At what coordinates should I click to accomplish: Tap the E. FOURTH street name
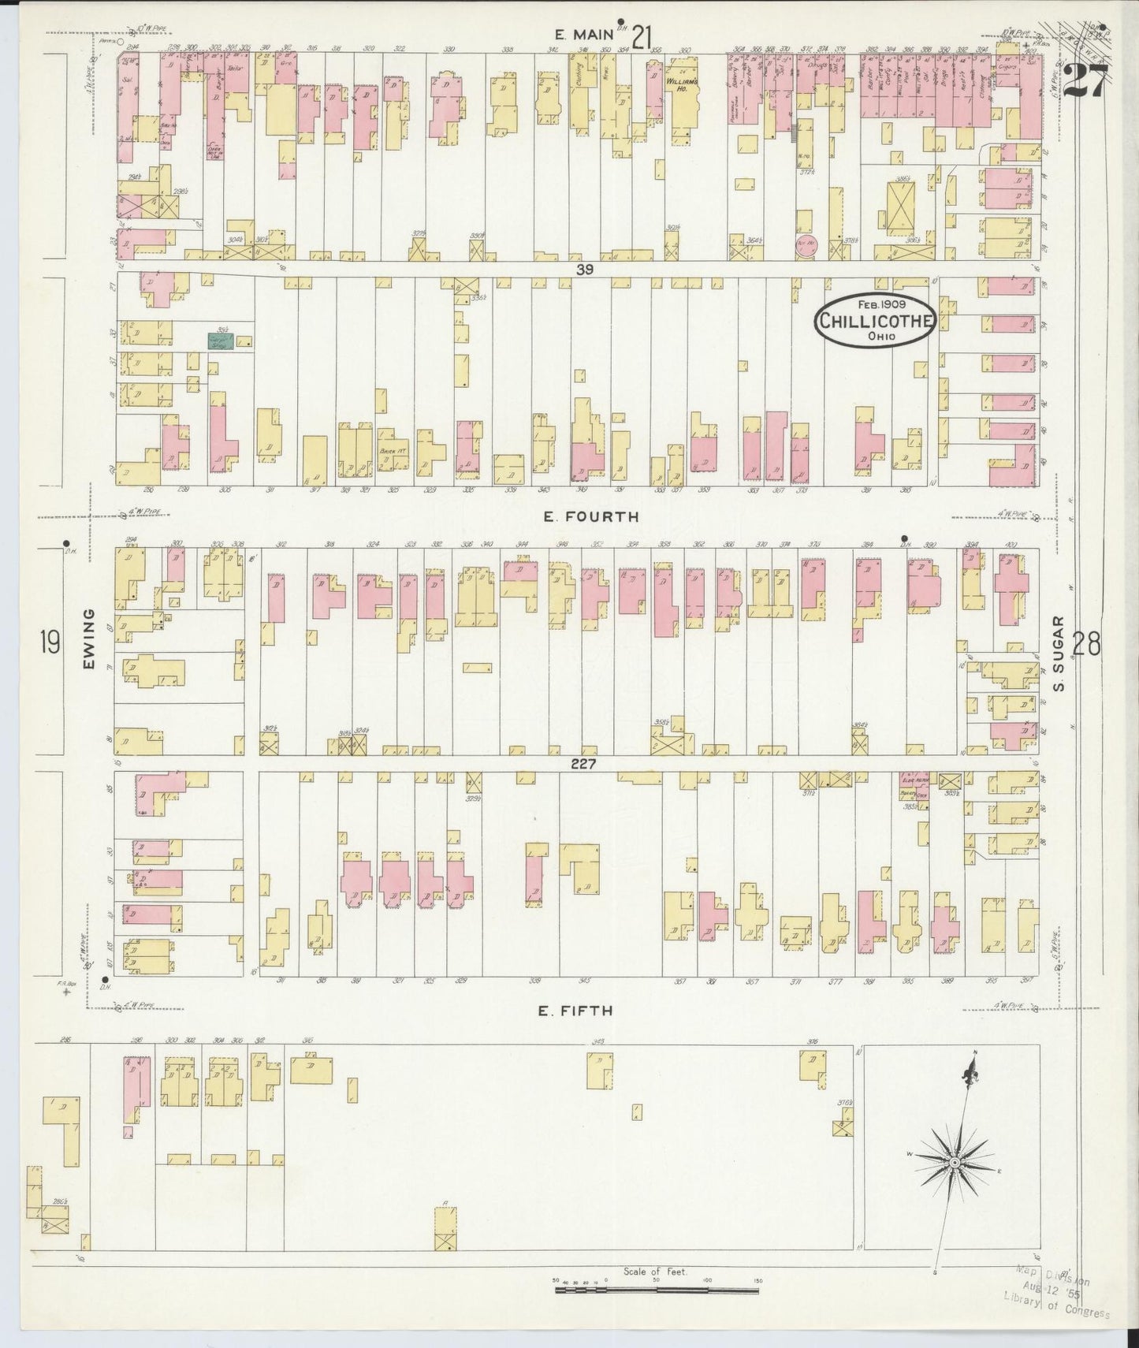click(x=590, y=517)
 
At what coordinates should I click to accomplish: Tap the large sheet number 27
click(x=1085, y=80)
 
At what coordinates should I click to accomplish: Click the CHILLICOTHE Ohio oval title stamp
click(x=876, y=321)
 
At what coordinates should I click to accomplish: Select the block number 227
click(x=584, y=764)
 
